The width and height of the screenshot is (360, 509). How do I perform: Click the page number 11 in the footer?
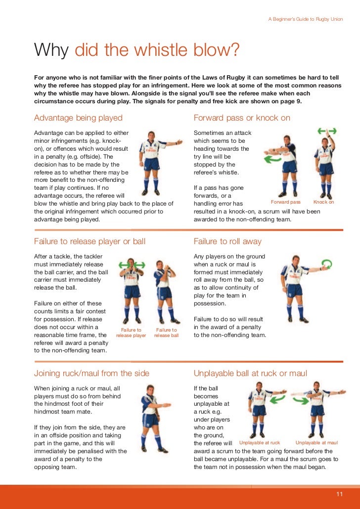pos(340,494)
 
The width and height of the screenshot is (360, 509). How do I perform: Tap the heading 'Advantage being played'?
pos(78,118)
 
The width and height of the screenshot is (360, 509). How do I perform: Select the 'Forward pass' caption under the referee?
pos(286,202)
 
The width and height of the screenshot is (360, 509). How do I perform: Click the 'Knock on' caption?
pos(323,202)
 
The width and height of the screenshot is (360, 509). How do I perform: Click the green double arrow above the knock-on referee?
pos(327,131)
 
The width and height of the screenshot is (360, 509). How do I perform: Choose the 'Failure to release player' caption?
pos(131,333)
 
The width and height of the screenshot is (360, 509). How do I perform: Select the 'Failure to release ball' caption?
pos(166,333)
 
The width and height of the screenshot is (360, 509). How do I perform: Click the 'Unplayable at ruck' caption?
pos(260,443)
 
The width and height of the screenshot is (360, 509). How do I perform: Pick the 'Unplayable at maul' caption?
pos(317,443)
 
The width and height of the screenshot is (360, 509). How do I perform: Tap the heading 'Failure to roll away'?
pos(227,242)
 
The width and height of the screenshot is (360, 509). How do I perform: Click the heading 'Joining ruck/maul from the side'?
pos(91,373)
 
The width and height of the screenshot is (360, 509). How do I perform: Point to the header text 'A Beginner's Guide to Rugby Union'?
pos(306,19)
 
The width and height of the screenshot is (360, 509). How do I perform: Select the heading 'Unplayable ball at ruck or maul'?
pos(250,373)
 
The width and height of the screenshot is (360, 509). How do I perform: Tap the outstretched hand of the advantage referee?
pos(179,142)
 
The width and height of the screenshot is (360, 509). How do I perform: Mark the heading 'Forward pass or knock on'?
pos(242,118)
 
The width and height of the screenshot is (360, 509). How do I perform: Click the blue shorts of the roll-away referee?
pos(294,290)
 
